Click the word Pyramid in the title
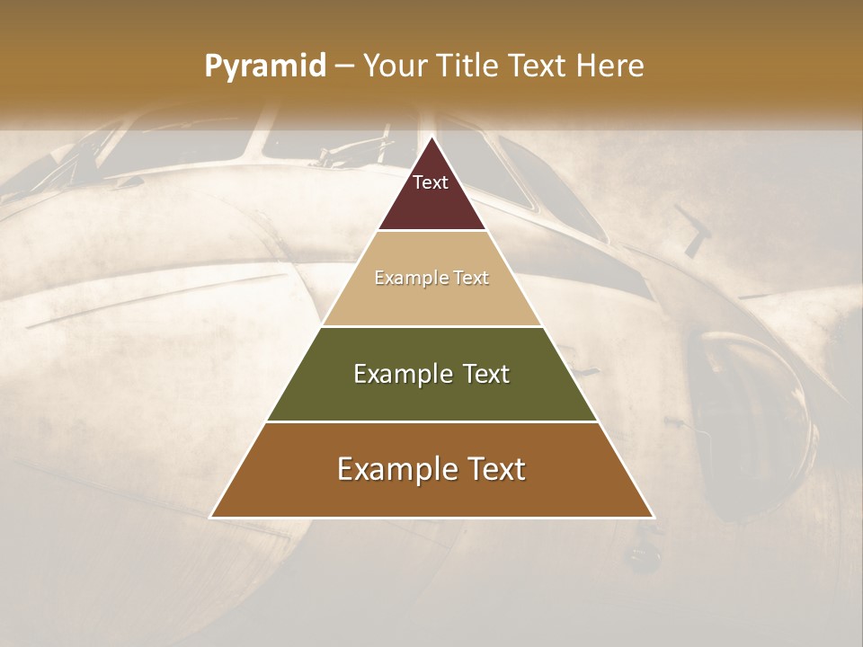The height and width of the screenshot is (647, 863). point(264,66)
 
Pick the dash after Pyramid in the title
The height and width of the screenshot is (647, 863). point(343,66)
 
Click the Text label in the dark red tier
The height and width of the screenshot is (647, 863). point(431,182)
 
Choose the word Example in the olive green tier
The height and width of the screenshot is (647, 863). point(400,374)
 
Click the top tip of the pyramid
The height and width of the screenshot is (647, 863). point(431,138)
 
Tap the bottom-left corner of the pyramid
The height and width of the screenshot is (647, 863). point(210,518)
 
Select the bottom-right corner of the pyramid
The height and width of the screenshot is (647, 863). point(654,518)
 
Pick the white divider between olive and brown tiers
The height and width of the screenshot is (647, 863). point(431,421)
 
